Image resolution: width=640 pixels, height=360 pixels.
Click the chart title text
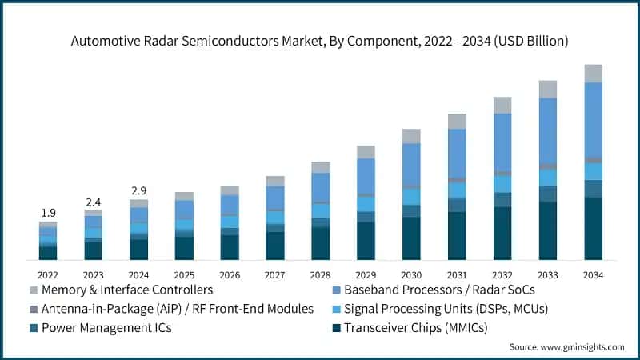(x=320, y=40)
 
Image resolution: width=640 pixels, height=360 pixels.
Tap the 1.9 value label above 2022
(x=48, y=213)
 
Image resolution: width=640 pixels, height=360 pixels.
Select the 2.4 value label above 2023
(x=94, y=201)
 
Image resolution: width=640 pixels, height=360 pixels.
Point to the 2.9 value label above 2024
(x=139, y=190)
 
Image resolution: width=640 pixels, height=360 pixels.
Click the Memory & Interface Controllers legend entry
(x=126, y=290)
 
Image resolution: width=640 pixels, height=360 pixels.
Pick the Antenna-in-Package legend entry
(x=177, y=309)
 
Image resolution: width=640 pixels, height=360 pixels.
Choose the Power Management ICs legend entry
(x=106, y=327)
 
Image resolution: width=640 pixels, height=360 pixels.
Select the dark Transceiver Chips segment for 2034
(x=593, y=229)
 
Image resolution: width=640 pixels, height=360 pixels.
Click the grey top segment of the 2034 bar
(x=593, y=74)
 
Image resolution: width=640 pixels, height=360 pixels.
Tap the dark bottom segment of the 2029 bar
(x=366, y=241)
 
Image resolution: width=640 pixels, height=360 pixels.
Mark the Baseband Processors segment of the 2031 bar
(x=457, y=154)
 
